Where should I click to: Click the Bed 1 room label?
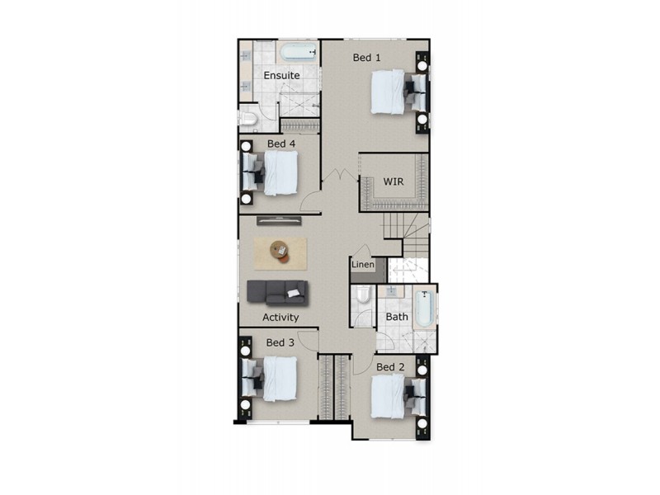pyautogui.click(x=366, y=58)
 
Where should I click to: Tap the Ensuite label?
pyautogui.click(x=281, y=76)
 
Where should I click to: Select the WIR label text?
pyautogui.click(x=394, y=181)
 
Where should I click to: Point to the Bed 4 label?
pyautogui.click(x=280, y=144)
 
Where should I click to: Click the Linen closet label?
pyautogui.click(x=363, y=265)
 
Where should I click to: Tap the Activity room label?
pyautogui.click(x=280, y=317)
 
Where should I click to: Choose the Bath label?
pyautogui.click(x=397, y=316)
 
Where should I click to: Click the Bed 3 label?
pyautogui.click(x=280, y=342)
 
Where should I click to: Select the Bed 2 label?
pyautogui.click(x=390, y=366)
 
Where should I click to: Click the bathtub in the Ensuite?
pyautogui.click(x=299, y=54)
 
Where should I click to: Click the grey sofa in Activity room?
pyautogui.click(x=277, y=291)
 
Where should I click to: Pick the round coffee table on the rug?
pyautogui.click(x=280, y=249)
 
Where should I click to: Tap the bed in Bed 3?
pyautogui.click(x=276, y=379)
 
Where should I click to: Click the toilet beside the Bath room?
pyautogui.click(x=364, y=299)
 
